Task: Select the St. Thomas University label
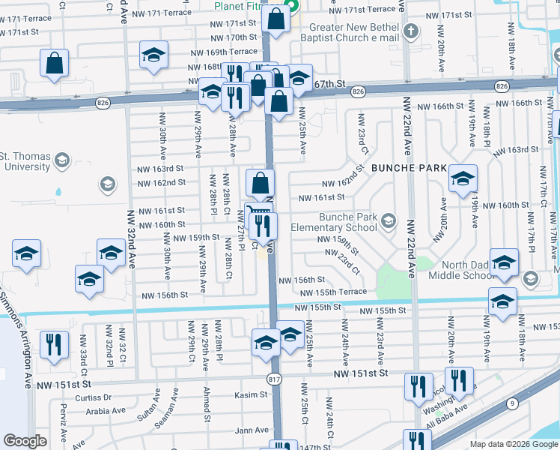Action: [x=25, y=161]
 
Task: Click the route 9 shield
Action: [x=512, y=404]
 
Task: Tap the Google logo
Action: [x=25, y=441]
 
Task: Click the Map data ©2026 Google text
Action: [x=513, y=444]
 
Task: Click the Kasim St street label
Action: [x=251, y=394]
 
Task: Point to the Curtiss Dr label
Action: [x=92, y=397]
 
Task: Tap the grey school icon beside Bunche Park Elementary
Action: [x=388, y=220]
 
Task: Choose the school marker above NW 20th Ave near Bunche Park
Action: [x=463, y=178]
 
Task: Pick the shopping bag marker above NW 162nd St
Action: [x=261, y=182]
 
